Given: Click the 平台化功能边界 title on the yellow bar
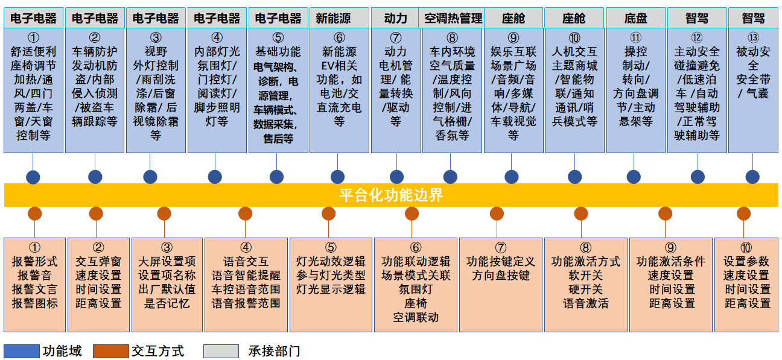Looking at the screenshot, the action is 390,195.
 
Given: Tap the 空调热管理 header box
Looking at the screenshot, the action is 453,18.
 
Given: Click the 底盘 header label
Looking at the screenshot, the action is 635,18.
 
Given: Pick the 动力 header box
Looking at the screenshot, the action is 395,18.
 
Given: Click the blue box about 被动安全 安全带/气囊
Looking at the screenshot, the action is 752,90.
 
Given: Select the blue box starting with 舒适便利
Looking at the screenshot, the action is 33,90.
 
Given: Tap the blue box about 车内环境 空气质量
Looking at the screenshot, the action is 452,90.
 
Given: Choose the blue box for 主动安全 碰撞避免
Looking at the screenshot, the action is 697,90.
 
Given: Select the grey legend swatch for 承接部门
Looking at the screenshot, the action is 221,351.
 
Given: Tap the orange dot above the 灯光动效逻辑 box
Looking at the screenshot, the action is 329,213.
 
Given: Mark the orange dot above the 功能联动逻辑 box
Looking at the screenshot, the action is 412,213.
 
